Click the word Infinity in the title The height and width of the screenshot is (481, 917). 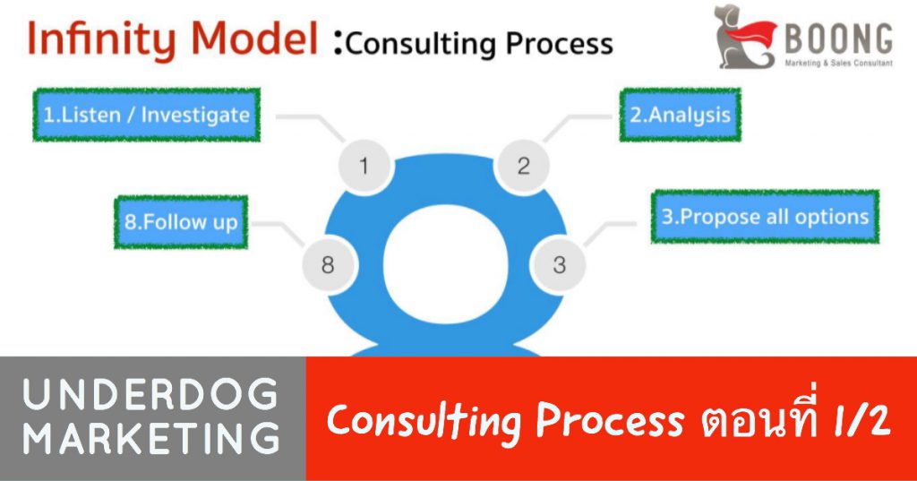click(101, 39)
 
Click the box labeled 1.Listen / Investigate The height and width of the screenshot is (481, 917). click(146, 115)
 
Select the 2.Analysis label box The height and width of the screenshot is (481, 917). click(681, 115)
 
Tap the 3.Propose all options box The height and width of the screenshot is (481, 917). click(765, 217)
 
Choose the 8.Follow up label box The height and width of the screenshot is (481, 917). click(181, 222)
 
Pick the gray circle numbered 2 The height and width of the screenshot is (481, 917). click(523, 166)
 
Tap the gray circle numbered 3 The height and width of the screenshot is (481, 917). click(559, 264)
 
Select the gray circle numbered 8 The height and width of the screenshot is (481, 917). click(328, 264)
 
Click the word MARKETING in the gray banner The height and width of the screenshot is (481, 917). click(151, 438)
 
